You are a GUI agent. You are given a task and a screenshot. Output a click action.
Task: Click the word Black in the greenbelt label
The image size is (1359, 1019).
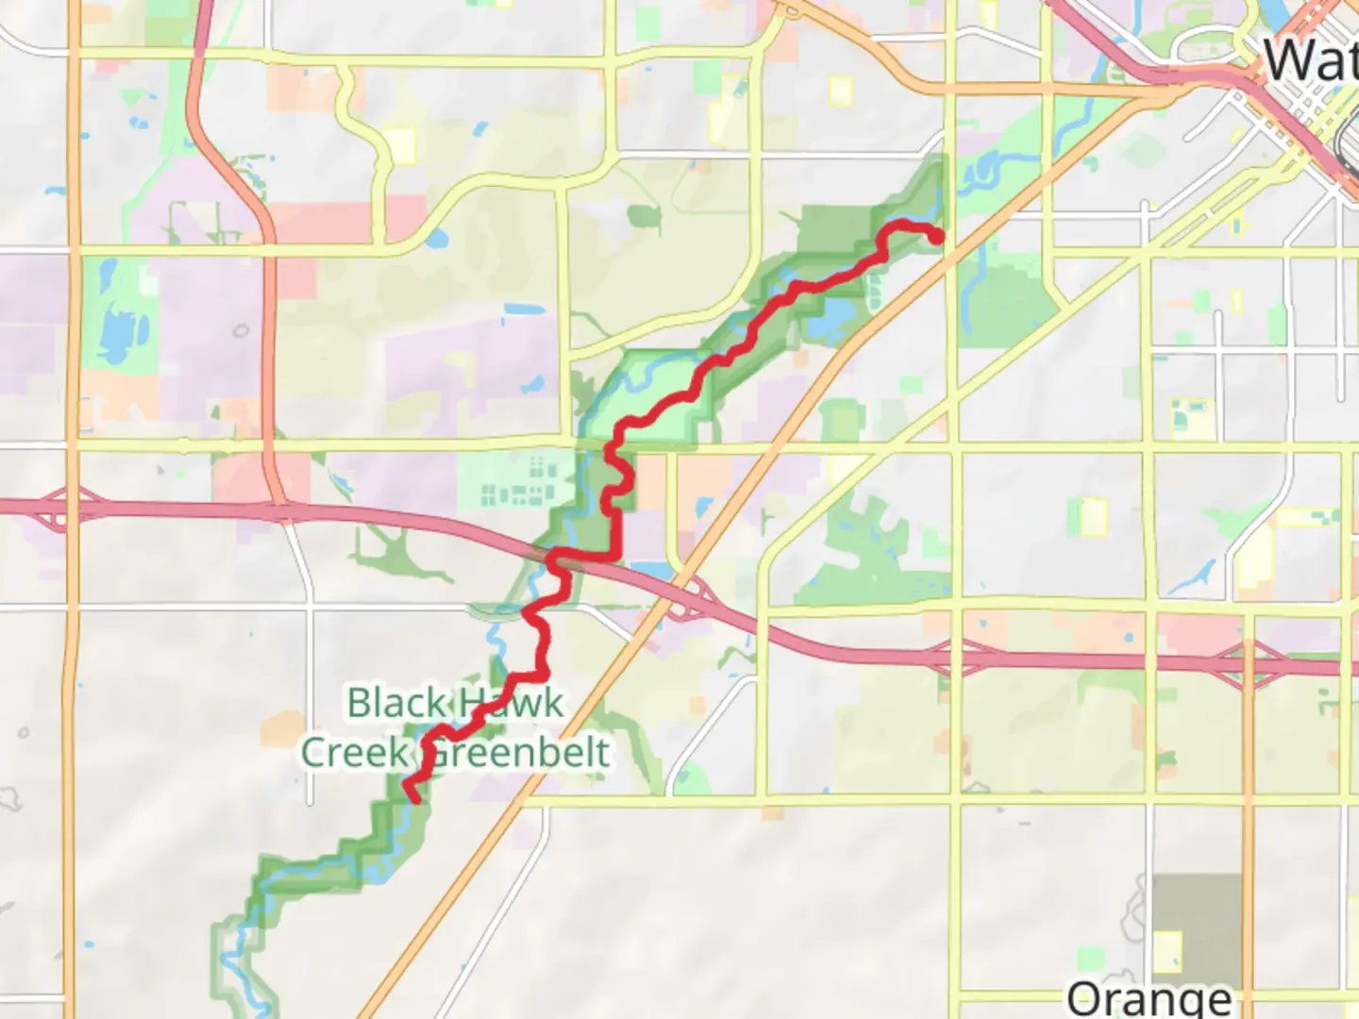pyautogui.click(x=395, y=703)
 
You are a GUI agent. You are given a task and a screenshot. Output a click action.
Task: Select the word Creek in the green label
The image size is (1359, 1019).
pyautogui.click(x=355, y=753)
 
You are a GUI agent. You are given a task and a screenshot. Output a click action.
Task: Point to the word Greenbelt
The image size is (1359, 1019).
pyautogui.click(x=518, y=753)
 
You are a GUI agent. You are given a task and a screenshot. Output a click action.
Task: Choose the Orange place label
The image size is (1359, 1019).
pyautogui.click(x=1149, y=998)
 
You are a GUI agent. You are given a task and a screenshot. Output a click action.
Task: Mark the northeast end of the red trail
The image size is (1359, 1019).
pyautogui.click(x=936, y=238)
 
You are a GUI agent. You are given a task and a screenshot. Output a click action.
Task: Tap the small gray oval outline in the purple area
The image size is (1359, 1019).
pyautogui.click(x=241, y=330)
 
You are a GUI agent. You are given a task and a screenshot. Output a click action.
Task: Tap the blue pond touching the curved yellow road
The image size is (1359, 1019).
pyautogui.click(x=436, y=238)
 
